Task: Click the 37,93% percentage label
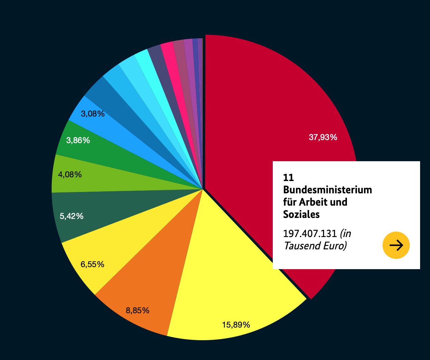pos(323,137)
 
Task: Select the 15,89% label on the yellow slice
pos(236,324)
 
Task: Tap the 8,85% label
pos(137,310)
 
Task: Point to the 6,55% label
pos(92,264)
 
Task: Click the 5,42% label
pos(71,216)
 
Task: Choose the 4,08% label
pos(70,175)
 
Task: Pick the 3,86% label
pos(78,140)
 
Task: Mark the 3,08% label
pos(93,114)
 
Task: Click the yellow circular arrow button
pos(396,245)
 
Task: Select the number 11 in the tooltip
pos(288,177)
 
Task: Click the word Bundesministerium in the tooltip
pos(327,190)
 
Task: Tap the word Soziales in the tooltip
pos(301,214)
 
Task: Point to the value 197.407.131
pos(310,234)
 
